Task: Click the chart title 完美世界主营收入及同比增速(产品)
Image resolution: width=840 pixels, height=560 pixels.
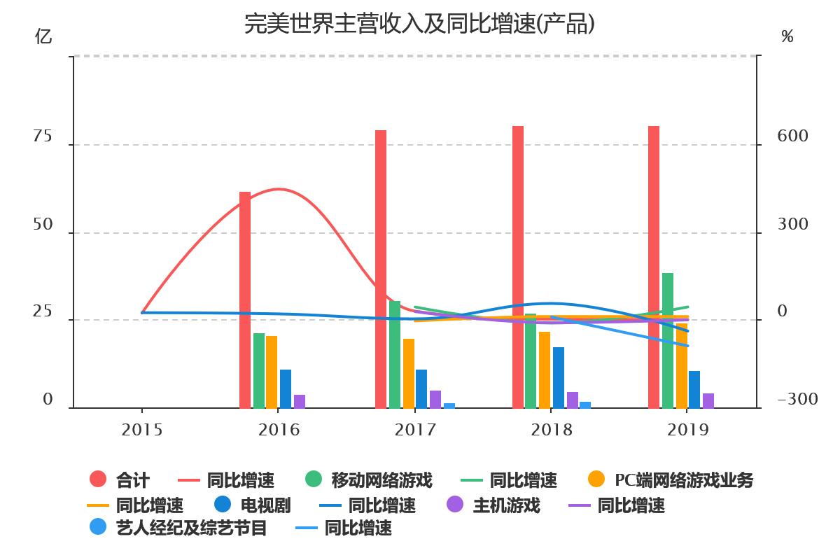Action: tap(420, 23)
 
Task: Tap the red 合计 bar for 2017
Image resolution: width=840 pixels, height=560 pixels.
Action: tap(381, 269)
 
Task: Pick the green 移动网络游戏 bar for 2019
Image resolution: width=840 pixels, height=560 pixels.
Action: tap(668, 340)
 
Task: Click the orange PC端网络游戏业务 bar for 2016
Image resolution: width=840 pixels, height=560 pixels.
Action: tap(272, 372)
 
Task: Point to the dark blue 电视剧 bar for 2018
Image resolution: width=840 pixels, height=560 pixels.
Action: tap(559, 377)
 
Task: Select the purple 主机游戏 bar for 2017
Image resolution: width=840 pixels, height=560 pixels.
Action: tap(435, 399)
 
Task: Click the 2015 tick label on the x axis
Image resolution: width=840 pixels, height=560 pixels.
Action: tap(142, 429)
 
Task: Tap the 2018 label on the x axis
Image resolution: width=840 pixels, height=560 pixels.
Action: tap(552, 429)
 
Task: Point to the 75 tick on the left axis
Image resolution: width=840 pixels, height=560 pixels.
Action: tap(43, 136)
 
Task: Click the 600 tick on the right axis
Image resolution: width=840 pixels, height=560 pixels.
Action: tap(792, 136)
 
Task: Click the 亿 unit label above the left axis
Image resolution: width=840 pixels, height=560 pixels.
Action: tap(43, 36)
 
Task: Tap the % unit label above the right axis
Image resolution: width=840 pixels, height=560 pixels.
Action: tap(787, 36)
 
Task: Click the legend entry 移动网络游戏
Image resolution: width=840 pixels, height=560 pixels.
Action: tap(381, 480)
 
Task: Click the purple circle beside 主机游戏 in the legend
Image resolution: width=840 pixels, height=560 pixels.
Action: tap(455, 505)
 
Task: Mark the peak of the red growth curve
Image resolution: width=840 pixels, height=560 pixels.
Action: tap(279, 189)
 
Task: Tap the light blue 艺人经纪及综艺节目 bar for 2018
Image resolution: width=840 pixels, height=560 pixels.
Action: tap(585, 405)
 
